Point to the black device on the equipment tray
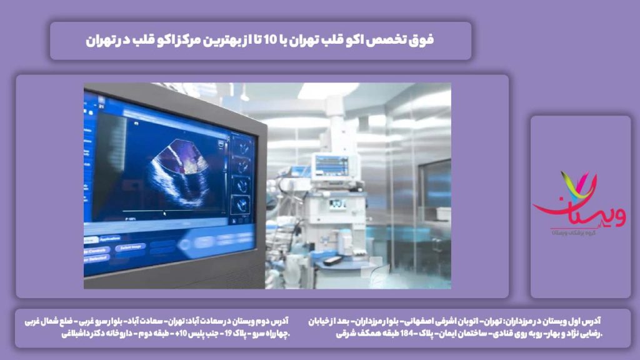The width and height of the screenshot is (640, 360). (332, 259)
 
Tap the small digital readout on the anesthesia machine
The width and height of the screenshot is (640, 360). (337, 203)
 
